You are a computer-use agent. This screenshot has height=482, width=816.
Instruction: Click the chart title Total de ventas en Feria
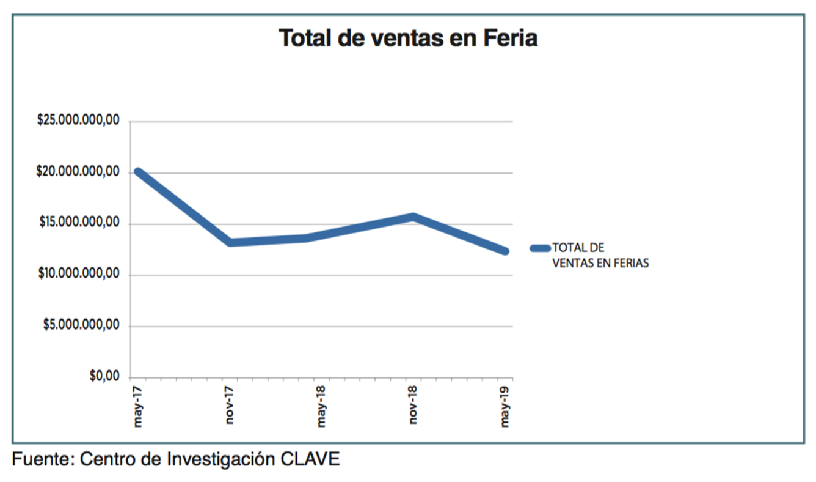(x=408, y=39)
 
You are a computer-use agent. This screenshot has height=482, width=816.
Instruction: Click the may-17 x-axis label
(x=138, y=407)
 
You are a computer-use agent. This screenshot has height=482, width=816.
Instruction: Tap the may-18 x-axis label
(x=322, y=407)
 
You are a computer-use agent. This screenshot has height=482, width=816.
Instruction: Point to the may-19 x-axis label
(x=506, y=407)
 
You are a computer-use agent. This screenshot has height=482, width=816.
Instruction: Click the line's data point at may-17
(x=138, y=172)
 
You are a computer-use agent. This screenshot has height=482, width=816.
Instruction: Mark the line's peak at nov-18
(x=413, y=217)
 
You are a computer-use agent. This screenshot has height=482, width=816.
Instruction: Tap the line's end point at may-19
(x=505, y=251)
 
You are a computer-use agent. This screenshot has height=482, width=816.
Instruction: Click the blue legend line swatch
(x=540, y=248)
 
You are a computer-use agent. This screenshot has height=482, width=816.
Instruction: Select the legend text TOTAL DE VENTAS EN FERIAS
(x=600, y=256)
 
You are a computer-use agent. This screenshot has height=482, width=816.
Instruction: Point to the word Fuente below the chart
(x=42, y=459)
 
